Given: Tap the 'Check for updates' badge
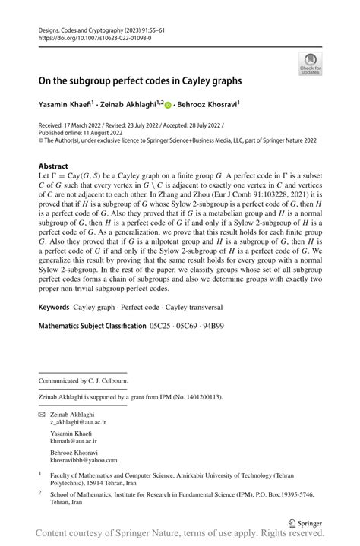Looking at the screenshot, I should [x=311, y=64].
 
